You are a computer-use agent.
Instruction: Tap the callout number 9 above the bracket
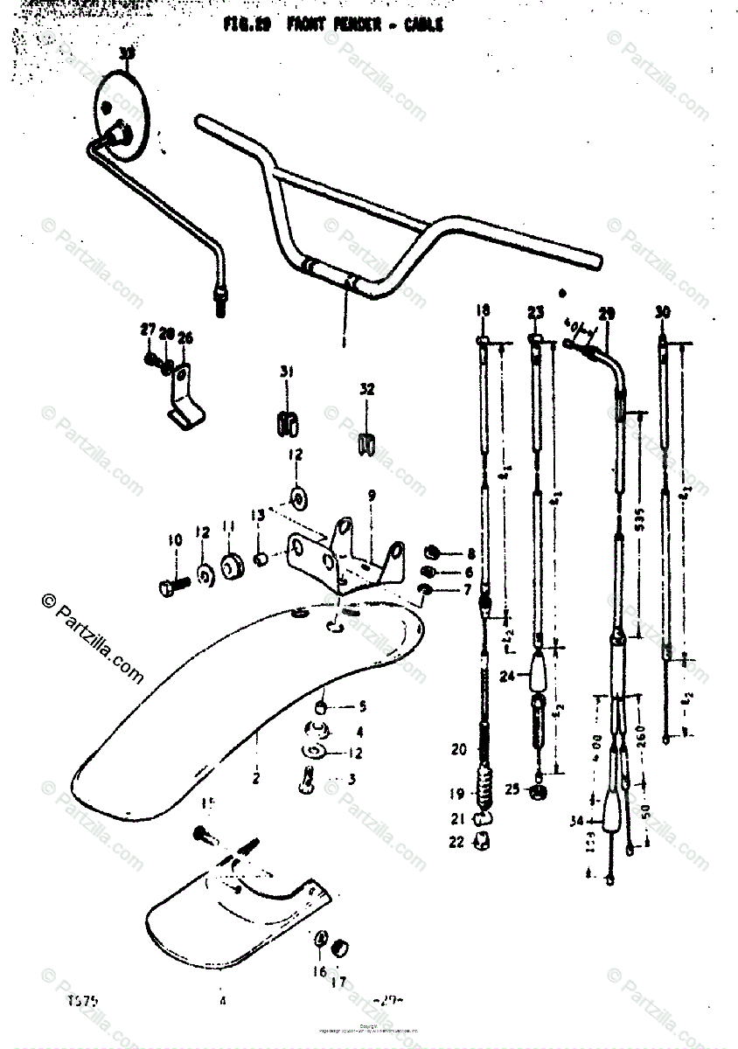[372, 496]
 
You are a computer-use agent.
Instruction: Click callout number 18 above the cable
[483, 310]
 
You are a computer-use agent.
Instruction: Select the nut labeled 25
[538, 790]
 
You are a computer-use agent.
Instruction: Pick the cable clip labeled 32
[366, 443]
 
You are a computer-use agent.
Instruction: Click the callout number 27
[146, 330]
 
